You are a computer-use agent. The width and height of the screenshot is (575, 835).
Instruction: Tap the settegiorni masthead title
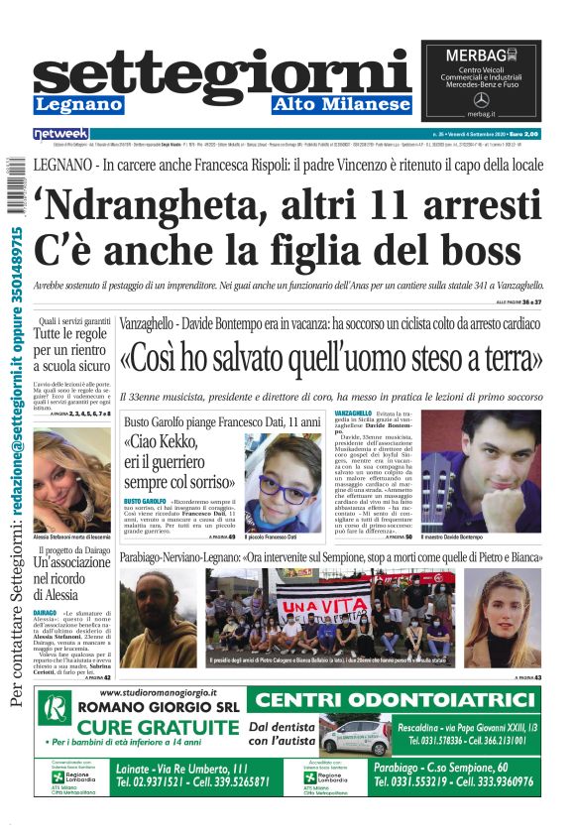222,75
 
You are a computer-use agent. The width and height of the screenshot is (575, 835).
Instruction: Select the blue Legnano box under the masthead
80,104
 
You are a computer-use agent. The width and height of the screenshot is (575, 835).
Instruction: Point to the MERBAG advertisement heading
481,55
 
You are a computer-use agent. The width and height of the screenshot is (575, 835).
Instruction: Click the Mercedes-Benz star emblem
481,99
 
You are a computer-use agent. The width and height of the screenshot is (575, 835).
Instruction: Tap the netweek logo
61,133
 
